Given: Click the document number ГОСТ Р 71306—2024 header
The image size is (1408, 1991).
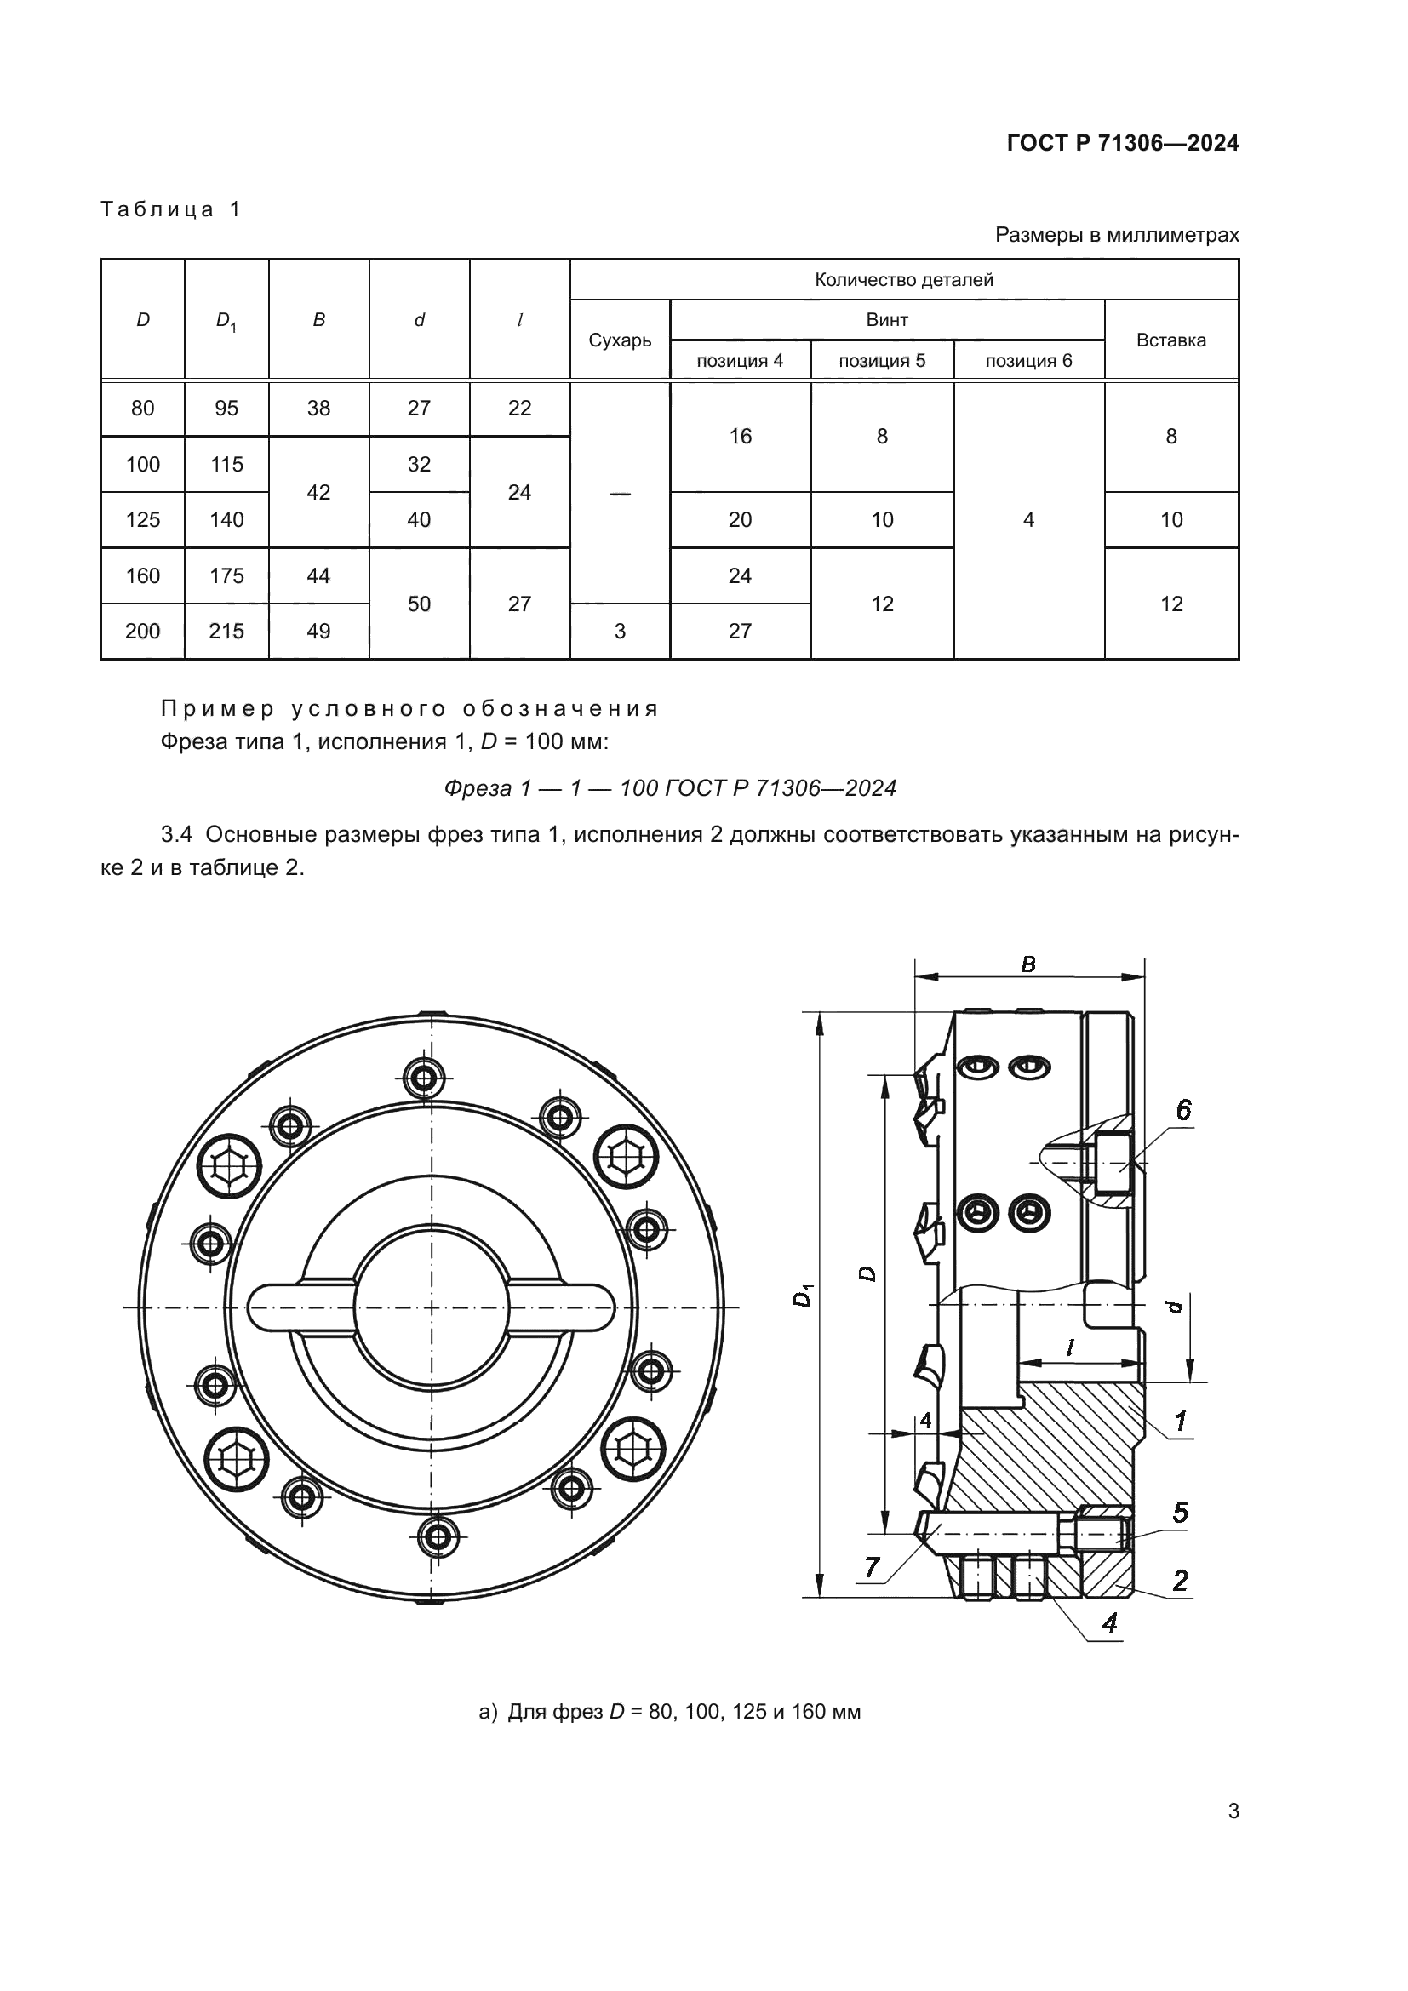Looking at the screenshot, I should [x=1122, y=143].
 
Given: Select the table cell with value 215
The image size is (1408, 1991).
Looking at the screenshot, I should [x=226, y=632].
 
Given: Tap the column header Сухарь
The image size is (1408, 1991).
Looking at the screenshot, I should [x=619, y=340].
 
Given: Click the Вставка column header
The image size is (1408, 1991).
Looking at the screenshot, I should [x=1170, y=340].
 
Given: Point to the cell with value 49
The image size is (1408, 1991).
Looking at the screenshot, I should [x=318, y=632].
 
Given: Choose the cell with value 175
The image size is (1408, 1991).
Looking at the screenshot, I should [x=226, y=575].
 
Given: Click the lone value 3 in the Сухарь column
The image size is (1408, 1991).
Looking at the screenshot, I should [x=619, y=632].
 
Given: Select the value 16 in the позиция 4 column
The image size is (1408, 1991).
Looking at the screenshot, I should [x=740, y=436].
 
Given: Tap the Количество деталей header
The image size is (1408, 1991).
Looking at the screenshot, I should [x=903, y=280].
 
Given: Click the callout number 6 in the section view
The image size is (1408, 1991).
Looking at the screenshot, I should [x=1182, y=1111].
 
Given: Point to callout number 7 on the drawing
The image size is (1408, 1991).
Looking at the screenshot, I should [x=873, y=1568].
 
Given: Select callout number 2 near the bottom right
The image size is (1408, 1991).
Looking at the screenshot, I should [x=1180, y=1581].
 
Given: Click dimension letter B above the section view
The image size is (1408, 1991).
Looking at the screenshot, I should [x=1028, y=965].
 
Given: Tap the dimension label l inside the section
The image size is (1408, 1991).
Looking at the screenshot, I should [x=1070, y=1347].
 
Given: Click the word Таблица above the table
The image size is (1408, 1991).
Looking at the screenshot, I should [x=157, y=209].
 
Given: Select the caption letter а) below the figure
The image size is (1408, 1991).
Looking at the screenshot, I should [x=488, y=1713].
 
